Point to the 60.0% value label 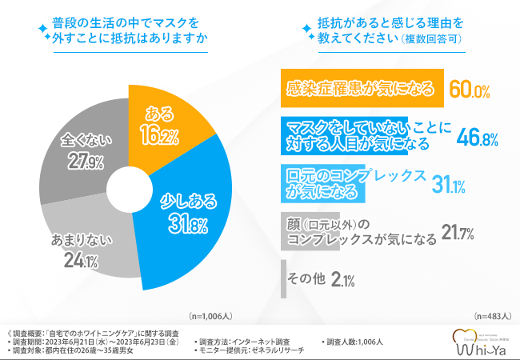coord(469,90)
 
